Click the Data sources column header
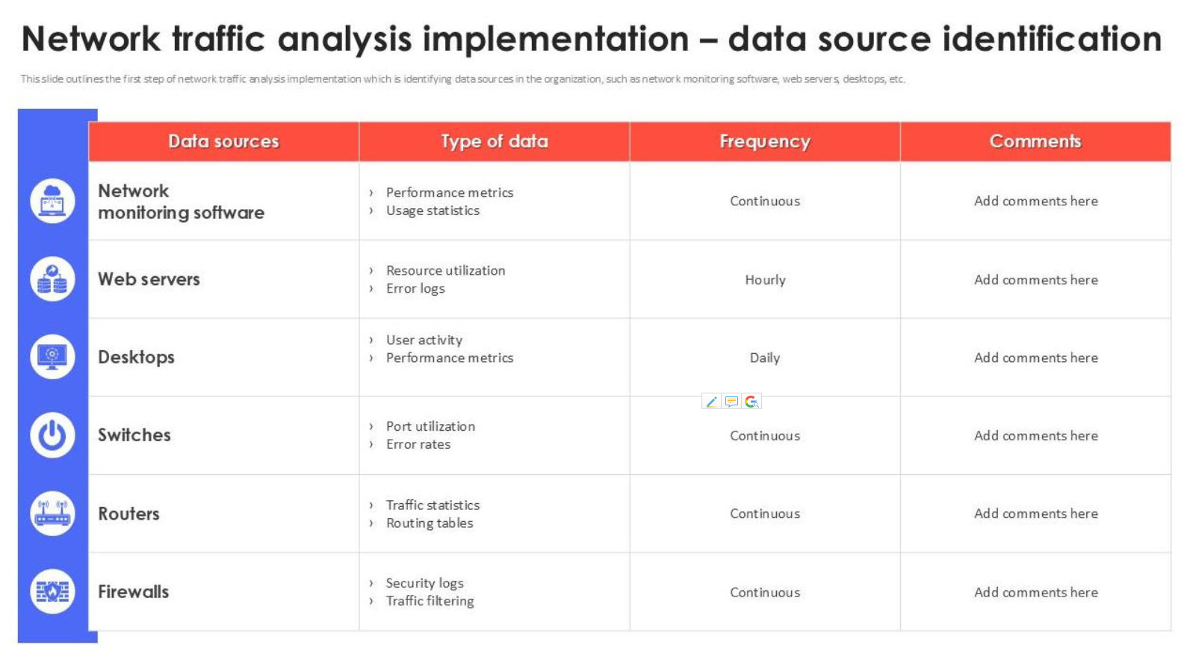(x=223, y=141)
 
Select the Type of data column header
(x=495, y=141)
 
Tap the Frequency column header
(x=765, y=141)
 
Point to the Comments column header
(x=1035, y=141)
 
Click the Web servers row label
(x=149, y=279)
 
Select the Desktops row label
(x=137, y=358)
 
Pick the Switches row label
(x=134, y=434)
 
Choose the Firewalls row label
(x=134, y=592)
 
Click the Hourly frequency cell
(x=765, y=279)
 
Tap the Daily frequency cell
(x=765, y=358)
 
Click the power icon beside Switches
(x=52, y=435)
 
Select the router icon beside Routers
(x=52, y=514)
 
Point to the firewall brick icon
(x=52, y=592)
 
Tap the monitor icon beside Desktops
(x=52, y=357)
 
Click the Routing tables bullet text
(x=430, y=523)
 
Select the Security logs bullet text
(x=425, y=583)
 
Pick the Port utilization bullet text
(x=431, y=426)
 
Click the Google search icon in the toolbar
(x=751, y=402)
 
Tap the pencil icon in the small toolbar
(x=711, y=402)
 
